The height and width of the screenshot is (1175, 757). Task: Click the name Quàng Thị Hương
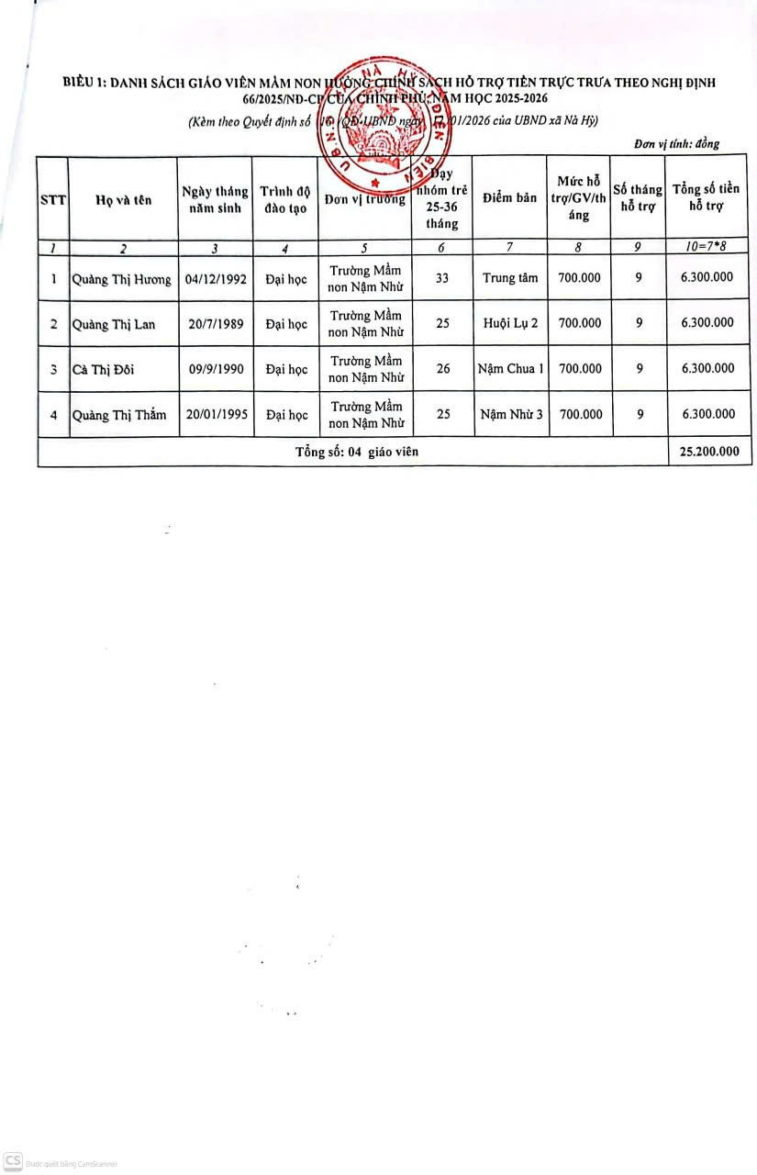pos(122,279)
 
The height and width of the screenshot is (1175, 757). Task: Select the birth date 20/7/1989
pos(216,324)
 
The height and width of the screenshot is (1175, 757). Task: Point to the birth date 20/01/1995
pos(217,414)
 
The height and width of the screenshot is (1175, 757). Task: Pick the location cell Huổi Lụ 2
pos(509,323)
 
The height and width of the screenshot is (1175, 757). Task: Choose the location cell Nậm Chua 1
pos(510,369)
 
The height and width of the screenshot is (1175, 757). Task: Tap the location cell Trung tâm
pos(509,278)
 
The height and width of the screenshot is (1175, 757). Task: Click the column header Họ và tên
pos(124,200)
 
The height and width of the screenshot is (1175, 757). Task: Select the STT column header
pos(53,200)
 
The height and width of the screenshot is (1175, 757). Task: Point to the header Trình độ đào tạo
pos(285,199)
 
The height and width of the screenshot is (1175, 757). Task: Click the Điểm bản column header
pos(509,198)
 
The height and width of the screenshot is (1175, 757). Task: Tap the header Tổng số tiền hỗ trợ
pos(707,198)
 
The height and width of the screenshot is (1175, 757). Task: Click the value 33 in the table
pos(442,278)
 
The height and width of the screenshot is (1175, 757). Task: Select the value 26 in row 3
pos(443,369)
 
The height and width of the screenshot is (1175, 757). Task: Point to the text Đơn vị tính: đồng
pos(676,144)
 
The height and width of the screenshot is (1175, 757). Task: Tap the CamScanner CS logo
pos(13,1160)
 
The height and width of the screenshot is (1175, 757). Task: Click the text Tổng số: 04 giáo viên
pos(357,452)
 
